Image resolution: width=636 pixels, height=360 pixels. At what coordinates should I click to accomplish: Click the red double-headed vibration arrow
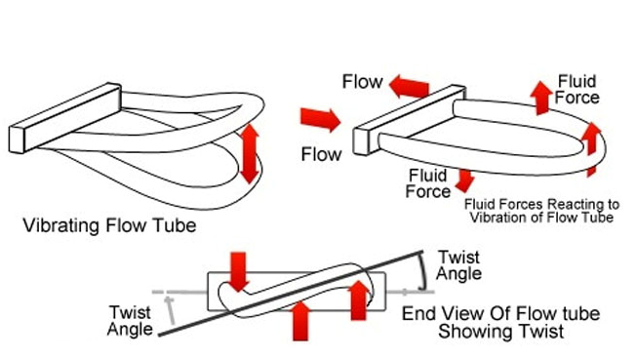(x=250, y=154)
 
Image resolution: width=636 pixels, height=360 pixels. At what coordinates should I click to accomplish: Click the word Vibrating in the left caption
(x=60, y=225)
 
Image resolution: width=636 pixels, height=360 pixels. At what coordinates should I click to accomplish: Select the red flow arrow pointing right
(x=320, y=119)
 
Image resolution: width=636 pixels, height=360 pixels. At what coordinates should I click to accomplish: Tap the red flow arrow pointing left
(x=410, y=87)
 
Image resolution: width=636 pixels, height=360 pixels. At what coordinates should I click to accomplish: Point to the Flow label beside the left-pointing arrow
(x=362, y=82)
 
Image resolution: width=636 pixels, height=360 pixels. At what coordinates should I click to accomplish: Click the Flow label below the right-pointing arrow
(x=321, y=154)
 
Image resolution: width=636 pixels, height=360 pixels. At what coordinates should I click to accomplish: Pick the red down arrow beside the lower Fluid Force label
(x=465, y=180)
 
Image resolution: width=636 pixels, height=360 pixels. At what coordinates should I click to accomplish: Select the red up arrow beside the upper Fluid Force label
(x=541, y=98)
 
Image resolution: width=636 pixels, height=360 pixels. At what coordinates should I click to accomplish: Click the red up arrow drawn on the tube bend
(x=591, y=148)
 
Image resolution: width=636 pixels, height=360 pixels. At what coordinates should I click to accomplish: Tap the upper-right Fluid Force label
(x=576, y=90)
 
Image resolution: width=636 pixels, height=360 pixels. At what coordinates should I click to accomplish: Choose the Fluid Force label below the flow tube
(x=428, y=183)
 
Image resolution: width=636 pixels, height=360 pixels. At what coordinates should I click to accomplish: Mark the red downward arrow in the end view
(x=238, y=271)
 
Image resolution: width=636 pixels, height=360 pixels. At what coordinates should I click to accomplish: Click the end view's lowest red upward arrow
(x=300, y=321)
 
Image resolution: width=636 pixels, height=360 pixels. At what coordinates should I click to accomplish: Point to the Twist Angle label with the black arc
(x=458, y=265)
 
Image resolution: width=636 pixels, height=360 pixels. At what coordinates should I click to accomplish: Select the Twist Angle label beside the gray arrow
(x=130, y=321)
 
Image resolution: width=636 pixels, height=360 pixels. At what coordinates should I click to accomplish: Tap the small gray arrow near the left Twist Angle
(x=171, y=310)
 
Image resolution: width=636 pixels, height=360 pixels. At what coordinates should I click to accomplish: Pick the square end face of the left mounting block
(x=17, y=140)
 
